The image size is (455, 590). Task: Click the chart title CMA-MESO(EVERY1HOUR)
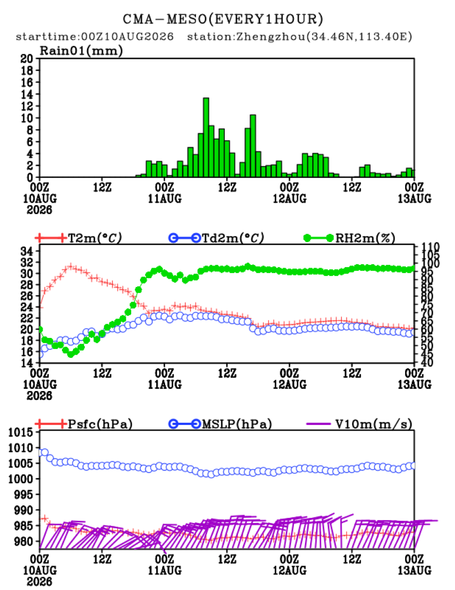223,19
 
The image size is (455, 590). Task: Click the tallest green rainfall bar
206,137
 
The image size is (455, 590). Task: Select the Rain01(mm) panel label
81,50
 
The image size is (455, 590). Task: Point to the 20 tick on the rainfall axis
27,59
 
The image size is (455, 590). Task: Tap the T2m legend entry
79,238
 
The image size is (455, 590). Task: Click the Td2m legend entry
216,238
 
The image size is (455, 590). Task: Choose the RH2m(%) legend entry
349,238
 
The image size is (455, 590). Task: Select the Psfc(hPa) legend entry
84,424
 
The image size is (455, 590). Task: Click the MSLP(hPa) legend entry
220,424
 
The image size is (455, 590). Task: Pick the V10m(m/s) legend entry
359,424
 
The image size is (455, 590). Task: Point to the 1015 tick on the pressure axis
20,432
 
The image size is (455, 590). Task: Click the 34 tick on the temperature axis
27,251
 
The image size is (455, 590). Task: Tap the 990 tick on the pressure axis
24,510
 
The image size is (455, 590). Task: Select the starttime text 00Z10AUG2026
128,37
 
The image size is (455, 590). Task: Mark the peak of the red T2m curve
70,267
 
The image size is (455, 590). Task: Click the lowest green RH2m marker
71,354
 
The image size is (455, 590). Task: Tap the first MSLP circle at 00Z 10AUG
40,452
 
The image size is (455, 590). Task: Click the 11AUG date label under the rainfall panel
165,198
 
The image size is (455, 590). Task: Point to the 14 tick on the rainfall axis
27,94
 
